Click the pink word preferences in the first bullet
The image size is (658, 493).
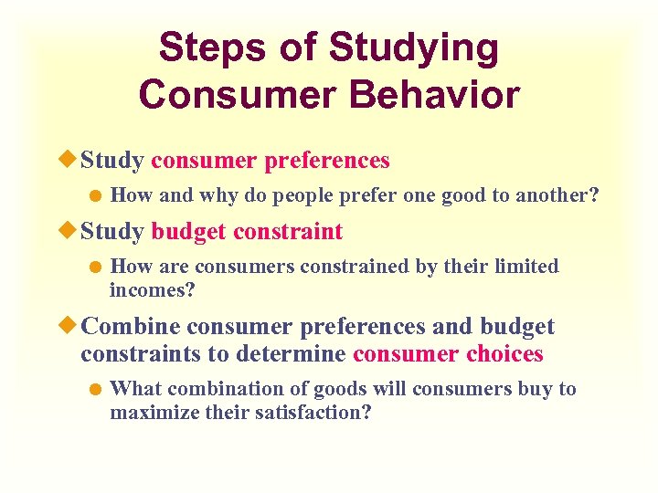(326, 161)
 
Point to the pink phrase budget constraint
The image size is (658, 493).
(247, 232)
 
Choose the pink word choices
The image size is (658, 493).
(498, 353)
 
